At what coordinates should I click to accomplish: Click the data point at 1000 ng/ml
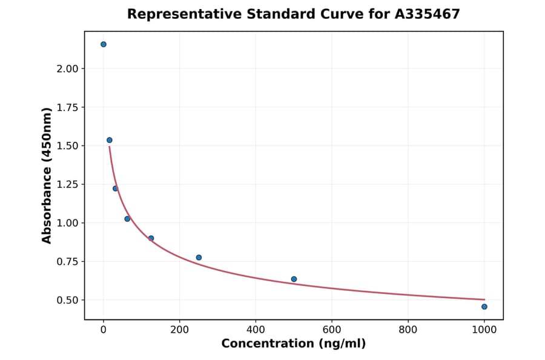484,307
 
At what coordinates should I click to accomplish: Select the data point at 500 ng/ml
294,279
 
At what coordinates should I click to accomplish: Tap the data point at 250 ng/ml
199,258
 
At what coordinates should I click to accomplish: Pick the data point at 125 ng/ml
151,238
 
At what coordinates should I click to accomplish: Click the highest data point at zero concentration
104,44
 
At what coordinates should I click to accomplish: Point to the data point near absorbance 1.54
110,140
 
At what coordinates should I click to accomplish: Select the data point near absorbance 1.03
127,219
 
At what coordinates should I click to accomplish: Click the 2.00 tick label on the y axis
67,69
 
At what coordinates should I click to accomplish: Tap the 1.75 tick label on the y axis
67,108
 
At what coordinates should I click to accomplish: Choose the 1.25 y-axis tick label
67,185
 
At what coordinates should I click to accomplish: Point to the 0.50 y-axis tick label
67,301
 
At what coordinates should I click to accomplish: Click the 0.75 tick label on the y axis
67,262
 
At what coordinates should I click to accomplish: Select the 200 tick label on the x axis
179,330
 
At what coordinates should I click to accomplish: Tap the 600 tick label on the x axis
332,330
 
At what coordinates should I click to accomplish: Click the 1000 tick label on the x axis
484,330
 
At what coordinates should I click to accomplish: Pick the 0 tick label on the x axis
104,330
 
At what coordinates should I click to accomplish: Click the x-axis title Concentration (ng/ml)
294,344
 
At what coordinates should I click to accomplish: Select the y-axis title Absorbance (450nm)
47,175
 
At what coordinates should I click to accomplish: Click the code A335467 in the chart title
428,14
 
